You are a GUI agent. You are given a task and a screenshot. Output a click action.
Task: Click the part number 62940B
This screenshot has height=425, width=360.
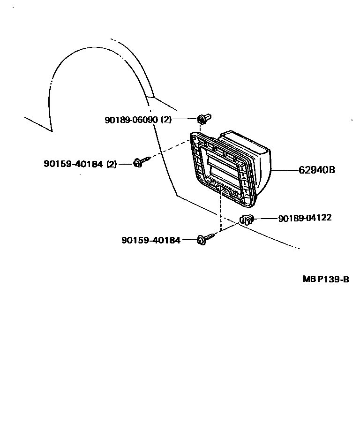click(317, 170)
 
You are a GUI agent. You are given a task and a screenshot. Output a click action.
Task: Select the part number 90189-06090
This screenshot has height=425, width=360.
click(131, 120)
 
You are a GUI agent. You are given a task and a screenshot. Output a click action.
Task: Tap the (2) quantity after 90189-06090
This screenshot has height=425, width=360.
click(166, 120)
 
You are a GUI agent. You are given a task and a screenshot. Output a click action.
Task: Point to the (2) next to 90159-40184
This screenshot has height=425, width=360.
click(112, 164)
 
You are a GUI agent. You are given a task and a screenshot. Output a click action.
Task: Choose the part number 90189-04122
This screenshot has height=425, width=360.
click(305, 218)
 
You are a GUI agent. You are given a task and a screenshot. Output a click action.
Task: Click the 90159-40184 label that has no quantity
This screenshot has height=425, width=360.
click(150, 240)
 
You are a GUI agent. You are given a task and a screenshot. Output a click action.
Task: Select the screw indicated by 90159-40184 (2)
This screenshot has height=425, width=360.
click(140, 162)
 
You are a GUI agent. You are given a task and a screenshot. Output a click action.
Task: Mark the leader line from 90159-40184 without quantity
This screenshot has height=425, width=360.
click(189, 240)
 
